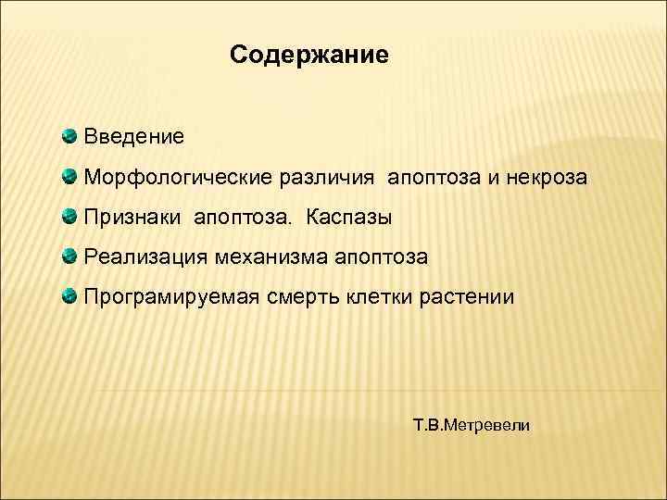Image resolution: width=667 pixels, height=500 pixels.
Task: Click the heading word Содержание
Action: pyautogui.click(x=309, y=56)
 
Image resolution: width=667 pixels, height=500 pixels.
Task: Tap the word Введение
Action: pyautogui.click(x=134, y=137)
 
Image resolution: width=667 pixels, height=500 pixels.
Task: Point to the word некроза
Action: pyautogui.click(x=547, y=177)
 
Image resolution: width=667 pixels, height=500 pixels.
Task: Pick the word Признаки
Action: pyautogui.click(x=134, y=218)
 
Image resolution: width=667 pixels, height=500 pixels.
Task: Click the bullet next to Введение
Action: pyautogui.click(x=70, y=137)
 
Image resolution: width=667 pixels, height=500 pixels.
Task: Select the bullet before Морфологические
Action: pyautogui.click(x=70, y=177)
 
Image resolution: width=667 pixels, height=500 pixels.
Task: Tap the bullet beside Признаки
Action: pyautogui.click(x=70, y=218)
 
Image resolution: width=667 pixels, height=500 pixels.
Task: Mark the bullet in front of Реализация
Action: pyautogui.click(x=70, y=257)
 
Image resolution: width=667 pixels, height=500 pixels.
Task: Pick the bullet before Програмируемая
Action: pyautogui.click(x=70, y=298)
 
